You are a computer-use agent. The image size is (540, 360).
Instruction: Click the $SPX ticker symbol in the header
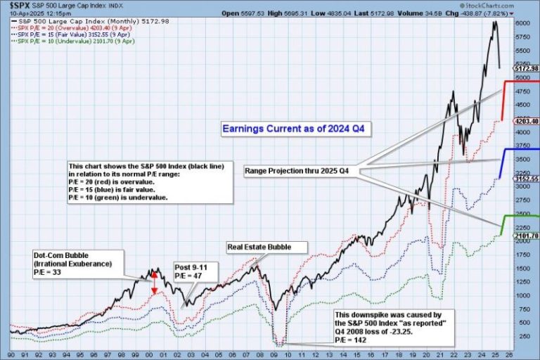click(x=16, y=5)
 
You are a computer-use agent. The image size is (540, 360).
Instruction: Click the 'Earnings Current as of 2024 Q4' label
click(x=296, y=129)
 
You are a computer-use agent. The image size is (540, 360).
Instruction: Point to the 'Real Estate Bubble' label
click(x=268, y=247)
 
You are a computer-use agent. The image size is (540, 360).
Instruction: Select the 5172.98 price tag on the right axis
click(x=526, y=68)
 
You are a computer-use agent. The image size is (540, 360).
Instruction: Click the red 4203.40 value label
click(x=526, y=121)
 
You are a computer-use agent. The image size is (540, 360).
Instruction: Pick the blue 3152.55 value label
click(x=526, y=179)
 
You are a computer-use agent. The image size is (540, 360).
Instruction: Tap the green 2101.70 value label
click(x=526, y=236)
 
